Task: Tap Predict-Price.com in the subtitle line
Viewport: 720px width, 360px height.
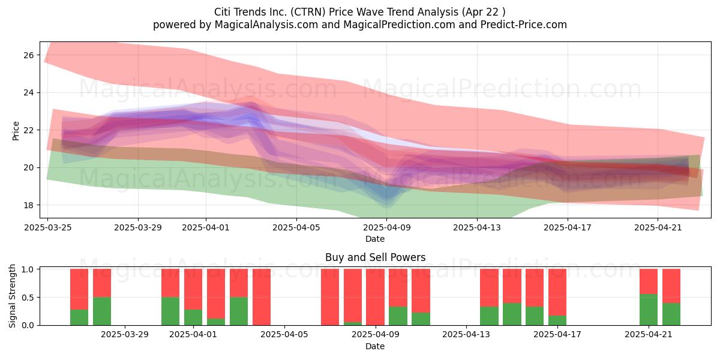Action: pyautogui.click(x=524, y=25)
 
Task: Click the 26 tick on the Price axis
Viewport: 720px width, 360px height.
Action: pyautogui.click(x=29, y=55)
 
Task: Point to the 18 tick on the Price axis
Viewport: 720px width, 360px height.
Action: pyautogui.click(x=29, y=205)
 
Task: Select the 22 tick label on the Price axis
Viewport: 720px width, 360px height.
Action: pyautogui.click(x=29, y=130)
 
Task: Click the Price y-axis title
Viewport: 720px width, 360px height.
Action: pyautogui.click(x=16, y=131)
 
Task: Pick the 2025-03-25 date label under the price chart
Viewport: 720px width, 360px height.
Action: pyautogui.click(x=48, y=227)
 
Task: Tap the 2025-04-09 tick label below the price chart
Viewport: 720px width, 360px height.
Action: pyautogui.click(x=386, y=227)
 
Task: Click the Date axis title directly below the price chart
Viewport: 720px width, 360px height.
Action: pyautogui.click(x=375, y=239)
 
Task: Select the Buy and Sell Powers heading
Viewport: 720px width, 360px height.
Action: pyautogui.click(x=375, y=257)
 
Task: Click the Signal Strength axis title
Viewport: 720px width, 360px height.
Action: pyautogui.click(x=12, y=296)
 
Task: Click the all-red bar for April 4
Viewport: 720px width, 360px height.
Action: pyautogui.click(x=262, y=297)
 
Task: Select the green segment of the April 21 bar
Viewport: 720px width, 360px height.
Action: pyautogui.click(x=649, y=310)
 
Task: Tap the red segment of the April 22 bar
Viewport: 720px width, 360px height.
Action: pyautogui.click(x=671, y=286)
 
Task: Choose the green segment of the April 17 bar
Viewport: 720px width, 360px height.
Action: pyautogui.click(x=557, y=320)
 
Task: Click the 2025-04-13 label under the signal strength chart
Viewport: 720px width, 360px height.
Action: pyautogui.click(x=466, y=335)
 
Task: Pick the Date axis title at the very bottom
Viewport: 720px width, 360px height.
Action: pyautogui.click(x=375, y=346)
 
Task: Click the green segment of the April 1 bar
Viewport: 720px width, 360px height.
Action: pyautogui.click(x=193, y=317)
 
